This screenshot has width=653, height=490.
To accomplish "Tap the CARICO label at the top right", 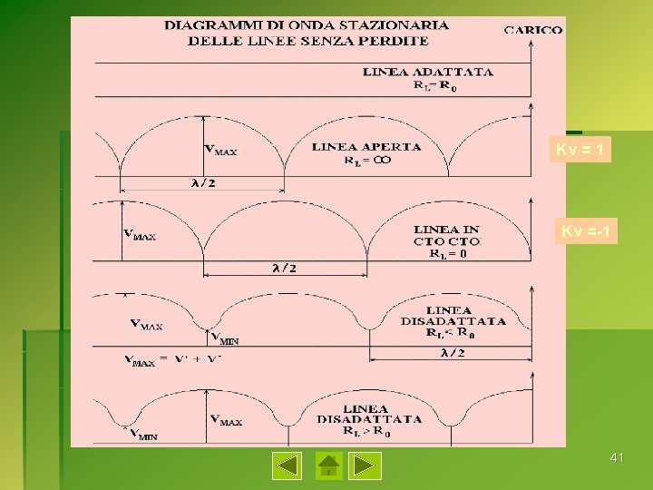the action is [533, 30].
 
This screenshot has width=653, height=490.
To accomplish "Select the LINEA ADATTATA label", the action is [428, 72].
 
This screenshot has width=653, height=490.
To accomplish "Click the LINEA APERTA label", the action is [366, 147].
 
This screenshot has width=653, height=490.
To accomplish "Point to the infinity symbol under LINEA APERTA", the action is [383, 161].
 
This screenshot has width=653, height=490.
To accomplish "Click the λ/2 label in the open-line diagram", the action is [202, 182].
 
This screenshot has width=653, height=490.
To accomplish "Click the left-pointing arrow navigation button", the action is [288, 465].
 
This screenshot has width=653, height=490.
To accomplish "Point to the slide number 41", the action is [617, 458].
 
